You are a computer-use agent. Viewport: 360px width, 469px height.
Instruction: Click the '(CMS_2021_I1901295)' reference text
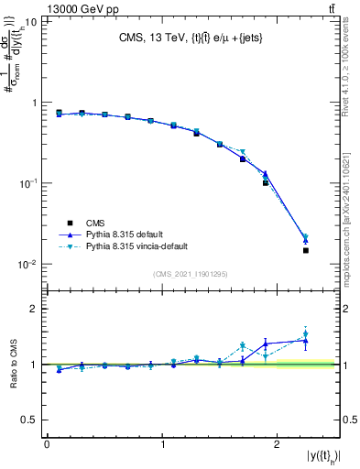click(x=191, y=274)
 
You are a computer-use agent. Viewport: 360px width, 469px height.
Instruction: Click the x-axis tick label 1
click(x=163, y=444)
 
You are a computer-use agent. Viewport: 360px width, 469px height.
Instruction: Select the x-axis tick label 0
click(x=47, y=444)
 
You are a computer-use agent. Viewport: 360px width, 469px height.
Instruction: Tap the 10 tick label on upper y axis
click(x=30, y=22)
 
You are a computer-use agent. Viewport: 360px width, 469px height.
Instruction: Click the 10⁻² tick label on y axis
click(x=27, y=265)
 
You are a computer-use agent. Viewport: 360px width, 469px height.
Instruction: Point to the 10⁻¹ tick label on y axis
click(x=27, y=183)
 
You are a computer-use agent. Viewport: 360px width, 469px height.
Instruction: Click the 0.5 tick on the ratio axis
click(x=30, y=420)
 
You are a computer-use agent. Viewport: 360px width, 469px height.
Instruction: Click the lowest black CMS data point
click(x=306, y=250)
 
